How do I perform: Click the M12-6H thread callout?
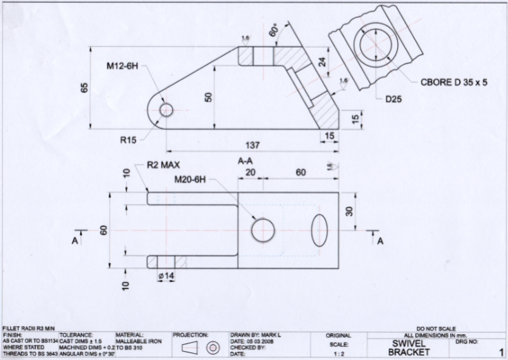click(x=123, y=67)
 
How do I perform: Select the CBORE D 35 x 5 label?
click(x=454, y=81)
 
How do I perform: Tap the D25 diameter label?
click(x=394, y=99)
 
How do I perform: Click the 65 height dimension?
click(x=85, y=88)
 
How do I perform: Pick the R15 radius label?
click(x=128, y=139)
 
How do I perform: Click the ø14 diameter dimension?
click(x=165, y=276)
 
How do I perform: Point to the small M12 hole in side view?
click(x=165, y=110)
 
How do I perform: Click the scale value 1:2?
click(x=338, y=353)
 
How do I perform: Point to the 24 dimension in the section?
click(x=321, y=61)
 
